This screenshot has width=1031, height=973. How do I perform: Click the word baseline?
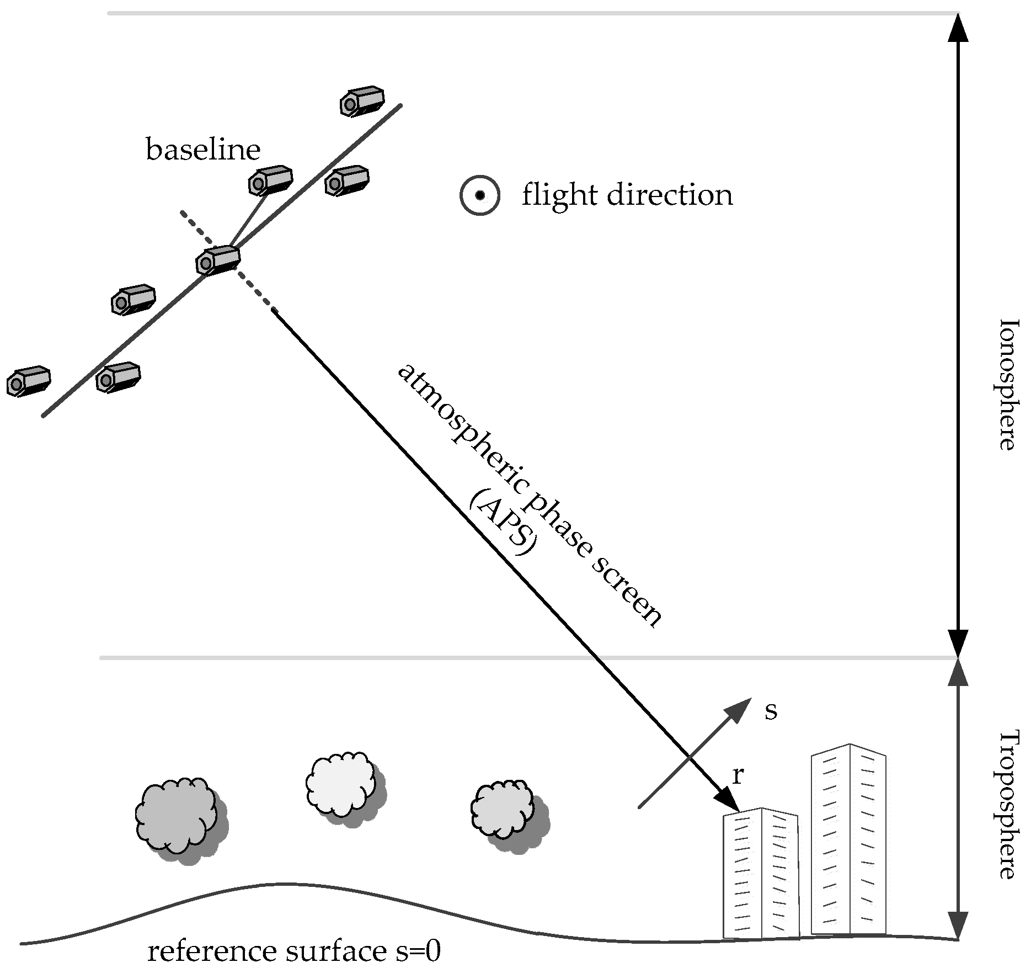(202, 150)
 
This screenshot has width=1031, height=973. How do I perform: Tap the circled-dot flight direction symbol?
(480, 195)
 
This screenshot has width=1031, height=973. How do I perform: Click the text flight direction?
(627, 195)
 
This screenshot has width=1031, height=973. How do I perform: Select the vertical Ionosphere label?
(1007, 384)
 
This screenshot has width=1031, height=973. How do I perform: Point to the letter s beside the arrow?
(771, 710)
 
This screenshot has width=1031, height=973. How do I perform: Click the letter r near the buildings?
(738, 776)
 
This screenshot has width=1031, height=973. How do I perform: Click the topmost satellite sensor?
(361, 101)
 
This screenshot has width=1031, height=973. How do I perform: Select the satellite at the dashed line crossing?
(218, 260)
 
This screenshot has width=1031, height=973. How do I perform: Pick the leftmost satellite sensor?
(28, 381)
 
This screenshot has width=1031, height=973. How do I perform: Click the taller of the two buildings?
(848, 839)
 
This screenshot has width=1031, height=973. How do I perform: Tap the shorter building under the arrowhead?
(760, 875)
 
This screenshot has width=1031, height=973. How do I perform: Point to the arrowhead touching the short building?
(729, 801)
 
